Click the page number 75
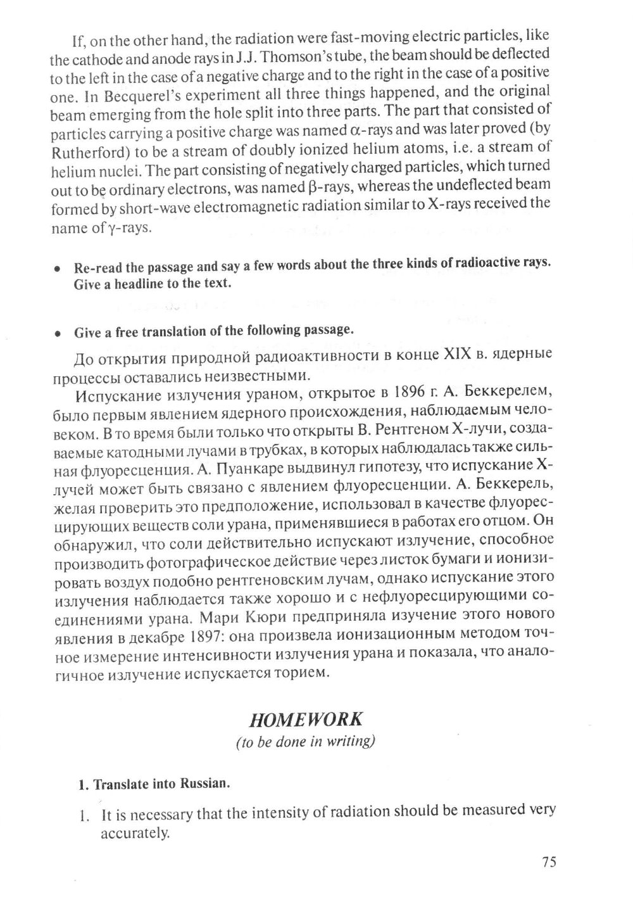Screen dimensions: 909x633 coord(549,861)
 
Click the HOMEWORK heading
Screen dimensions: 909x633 coord(306,720)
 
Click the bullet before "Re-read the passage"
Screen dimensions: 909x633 coord(57,269)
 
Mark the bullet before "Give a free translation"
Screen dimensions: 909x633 coord(57,332)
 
